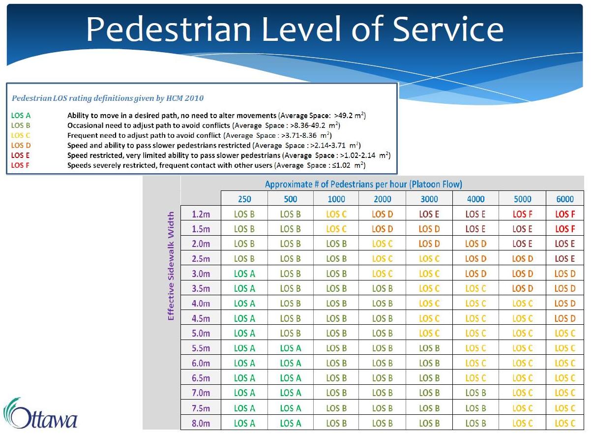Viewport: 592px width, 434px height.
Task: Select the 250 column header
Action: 244,199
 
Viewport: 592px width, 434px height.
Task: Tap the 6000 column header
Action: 565,199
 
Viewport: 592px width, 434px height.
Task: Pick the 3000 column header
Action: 429,199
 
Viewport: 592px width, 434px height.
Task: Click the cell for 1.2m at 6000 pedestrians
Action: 565,214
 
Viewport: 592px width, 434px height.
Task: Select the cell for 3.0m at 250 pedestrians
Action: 244,274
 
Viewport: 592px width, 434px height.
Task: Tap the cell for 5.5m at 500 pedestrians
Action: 290,348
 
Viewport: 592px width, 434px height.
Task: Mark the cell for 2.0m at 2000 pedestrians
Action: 382,244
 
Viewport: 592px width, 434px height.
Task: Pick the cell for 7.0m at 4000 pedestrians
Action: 475,393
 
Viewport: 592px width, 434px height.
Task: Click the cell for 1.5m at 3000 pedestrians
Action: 429,229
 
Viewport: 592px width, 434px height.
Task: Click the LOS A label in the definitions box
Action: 21,116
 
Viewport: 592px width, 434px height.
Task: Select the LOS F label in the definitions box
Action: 20,165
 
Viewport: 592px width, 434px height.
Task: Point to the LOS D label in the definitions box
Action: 21,145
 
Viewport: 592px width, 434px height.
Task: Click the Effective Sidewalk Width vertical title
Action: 171,266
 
